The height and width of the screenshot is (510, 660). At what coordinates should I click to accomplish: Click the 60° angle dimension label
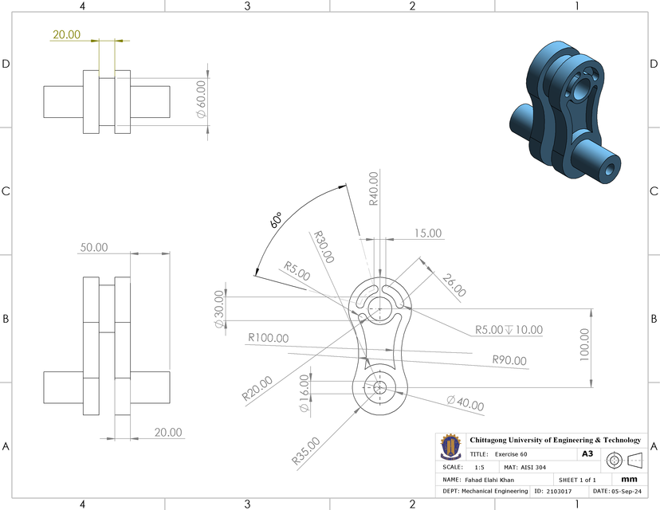point(276,221)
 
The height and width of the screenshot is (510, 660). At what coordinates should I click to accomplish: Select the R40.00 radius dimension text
point(374,190)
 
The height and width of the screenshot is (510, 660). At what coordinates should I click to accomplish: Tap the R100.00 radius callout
point(268,338)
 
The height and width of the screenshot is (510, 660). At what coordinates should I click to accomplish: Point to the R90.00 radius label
point(509,361)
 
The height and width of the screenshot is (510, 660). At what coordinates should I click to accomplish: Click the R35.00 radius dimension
point(306,451)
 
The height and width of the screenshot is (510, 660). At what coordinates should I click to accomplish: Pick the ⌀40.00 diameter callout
point(465,403)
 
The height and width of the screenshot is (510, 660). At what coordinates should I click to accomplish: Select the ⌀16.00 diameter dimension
point(304,394)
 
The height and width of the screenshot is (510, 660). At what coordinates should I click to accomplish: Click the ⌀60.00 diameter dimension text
point(201,99)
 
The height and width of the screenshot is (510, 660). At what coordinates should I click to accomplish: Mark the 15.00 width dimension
point(427,233)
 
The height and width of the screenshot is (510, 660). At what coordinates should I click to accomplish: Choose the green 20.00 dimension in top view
point(66,34)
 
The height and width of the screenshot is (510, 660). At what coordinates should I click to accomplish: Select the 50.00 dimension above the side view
point(93,248)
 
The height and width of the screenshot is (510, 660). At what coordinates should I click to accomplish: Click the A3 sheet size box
point(587,453)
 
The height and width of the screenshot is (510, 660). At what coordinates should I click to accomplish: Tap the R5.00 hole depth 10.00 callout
point(509,329)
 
